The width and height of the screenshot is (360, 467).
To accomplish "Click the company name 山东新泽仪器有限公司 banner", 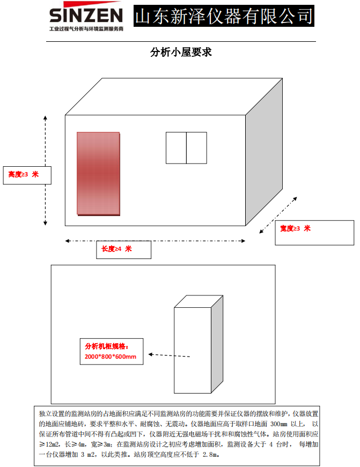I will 223,16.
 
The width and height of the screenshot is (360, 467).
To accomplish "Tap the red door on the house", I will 98,173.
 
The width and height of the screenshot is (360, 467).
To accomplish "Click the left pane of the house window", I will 176,147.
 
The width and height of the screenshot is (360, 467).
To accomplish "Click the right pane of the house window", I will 196,147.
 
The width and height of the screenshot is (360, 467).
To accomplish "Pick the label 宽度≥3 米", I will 295,228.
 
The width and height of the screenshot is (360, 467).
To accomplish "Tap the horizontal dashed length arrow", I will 156,241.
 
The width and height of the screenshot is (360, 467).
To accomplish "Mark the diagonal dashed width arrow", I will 278,214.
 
